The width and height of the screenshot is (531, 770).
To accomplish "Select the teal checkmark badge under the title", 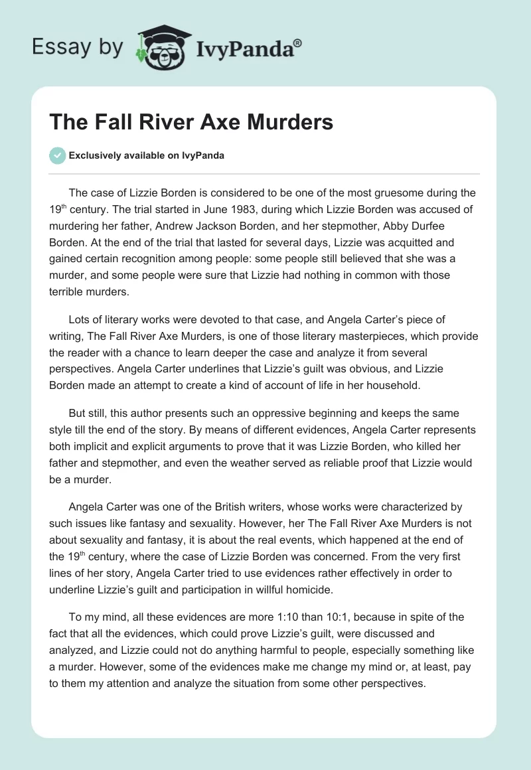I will point(57,155).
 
